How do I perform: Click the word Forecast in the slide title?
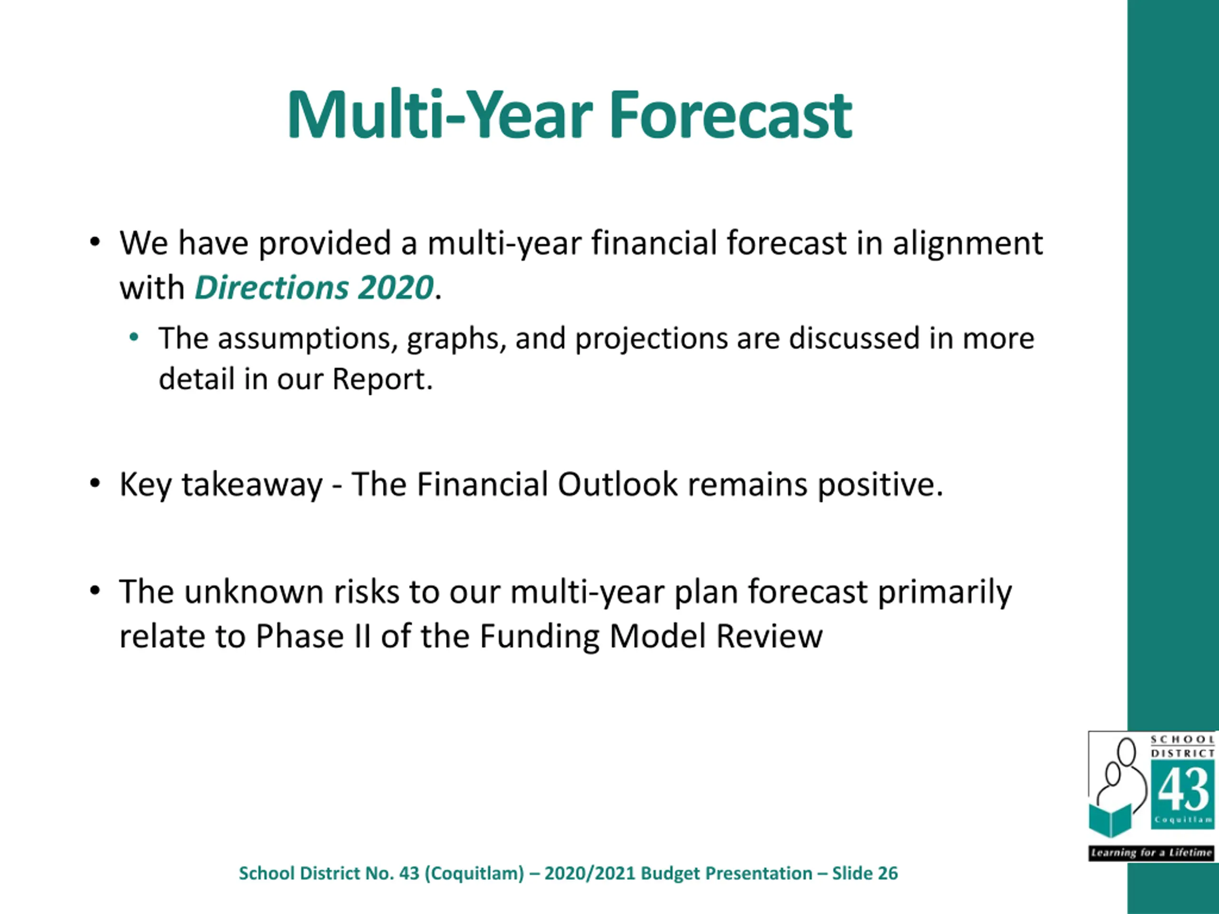[x=731, y=115]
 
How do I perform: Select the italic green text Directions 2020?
[x=314, y=288]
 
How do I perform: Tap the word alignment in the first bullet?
[x=968, y=244]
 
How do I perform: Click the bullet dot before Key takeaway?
[x=95, y=483]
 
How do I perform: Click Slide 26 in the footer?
[x=865, y=873]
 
